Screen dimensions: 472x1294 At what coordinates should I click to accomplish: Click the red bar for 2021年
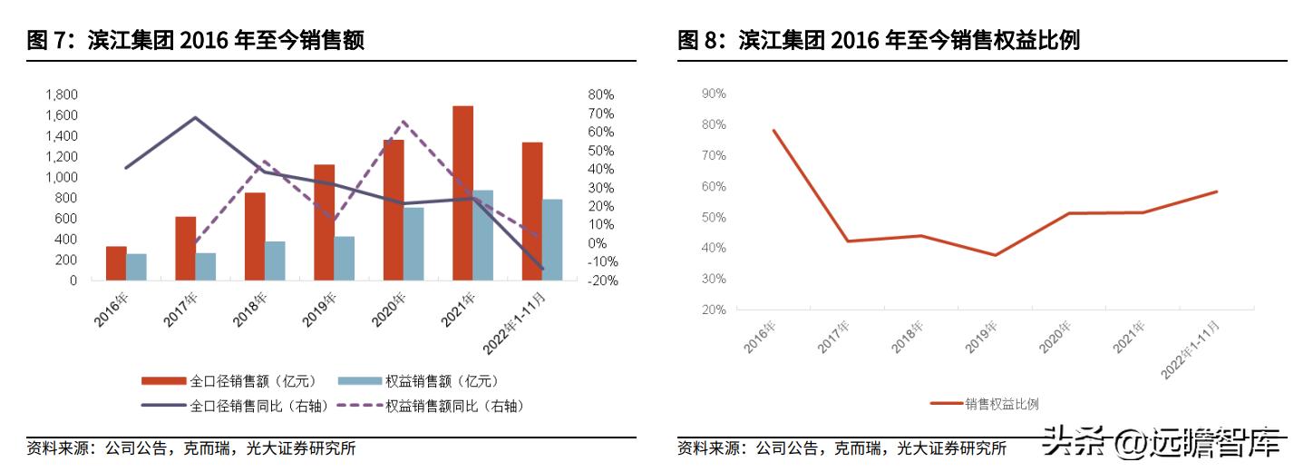pyautogui.click(x=462, y=193)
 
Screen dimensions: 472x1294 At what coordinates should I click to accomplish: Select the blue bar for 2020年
pyautogui.click(x=413, y=244)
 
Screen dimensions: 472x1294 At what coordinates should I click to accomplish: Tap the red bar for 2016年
pyautogui.click(x=116, y=263)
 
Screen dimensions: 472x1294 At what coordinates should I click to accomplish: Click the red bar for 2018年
pyautogui.click(x=255, y=236)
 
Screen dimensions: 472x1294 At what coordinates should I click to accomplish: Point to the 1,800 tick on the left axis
pyautogui.click(x=62, y=94)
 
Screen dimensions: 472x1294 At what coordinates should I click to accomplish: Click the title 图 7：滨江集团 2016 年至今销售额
pyautogui.click(x=196, y=40)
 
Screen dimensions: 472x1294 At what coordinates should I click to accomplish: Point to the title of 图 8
pyautogui.click(x=879, y=40)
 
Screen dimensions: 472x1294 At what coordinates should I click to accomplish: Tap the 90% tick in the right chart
pyautogui.click(x=714, y=93)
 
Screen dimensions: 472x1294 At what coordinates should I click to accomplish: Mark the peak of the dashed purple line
pyautogui.click(x=404, y=122)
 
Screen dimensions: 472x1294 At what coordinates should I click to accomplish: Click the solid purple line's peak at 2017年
pyautogui.click(x=195, y=117)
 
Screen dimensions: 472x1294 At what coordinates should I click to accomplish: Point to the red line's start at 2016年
pyautogui.click(x=773, y=130)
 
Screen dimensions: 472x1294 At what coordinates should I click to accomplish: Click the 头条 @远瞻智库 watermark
pyautogui.click(x=1164, y=442)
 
